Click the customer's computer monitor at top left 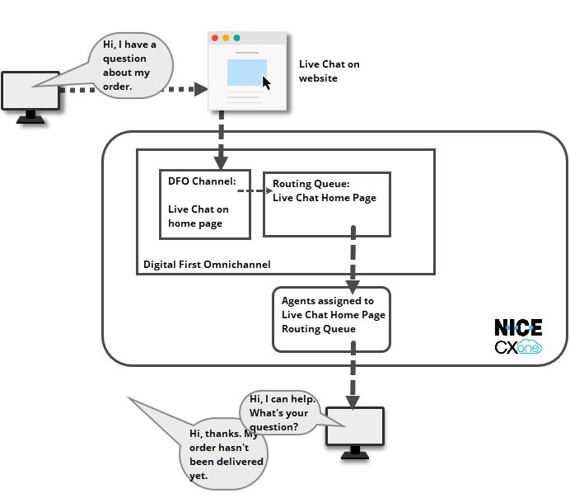point(30,91)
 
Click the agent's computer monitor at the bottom point(355,426)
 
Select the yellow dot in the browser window point(227,38)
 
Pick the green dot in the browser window point(237,38)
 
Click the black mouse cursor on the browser point(266,82)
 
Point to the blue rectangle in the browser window point(245,72)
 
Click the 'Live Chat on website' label point(329,71)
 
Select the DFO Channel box point(204,204)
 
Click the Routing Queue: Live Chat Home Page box point(326,204)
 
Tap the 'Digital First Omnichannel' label point(207,265)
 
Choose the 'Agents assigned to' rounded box point(331,318)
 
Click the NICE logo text point(518,327)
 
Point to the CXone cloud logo point(518,348)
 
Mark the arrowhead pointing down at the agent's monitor point(353,402)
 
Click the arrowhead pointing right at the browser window point(200,88)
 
